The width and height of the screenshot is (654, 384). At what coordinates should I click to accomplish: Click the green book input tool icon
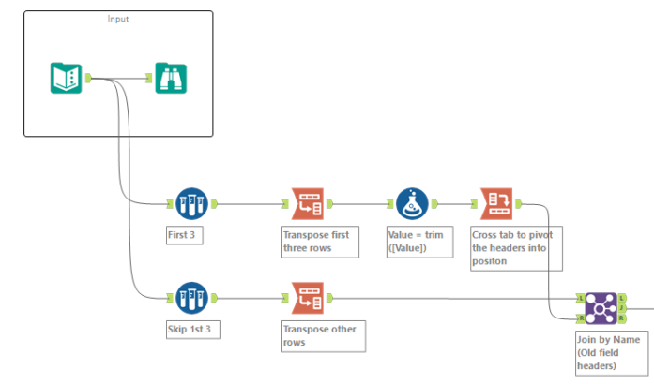[66, 78]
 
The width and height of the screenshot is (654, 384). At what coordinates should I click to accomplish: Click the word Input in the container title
[118, 19]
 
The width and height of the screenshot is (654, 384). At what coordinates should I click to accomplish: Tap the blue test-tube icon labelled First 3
[191, 202]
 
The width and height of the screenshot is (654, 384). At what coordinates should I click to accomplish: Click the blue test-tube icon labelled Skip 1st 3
[191, 299]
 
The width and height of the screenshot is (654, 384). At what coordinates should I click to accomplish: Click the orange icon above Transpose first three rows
[308, 202]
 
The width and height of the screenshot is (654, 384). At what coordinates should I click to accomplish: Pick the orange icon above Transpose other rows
[308, 299]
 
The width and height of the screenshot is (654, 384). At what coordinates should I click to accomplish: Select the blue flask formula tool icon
[411, 202]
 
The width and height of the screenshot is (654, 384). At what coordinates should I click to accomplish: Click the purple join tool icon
[601, 306]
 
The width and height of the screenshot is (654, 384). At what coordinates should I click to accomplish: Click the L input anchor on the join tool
[582, 299]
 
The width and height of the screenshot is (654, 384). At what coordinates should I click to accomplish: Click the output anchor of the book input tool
[88, 78]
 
